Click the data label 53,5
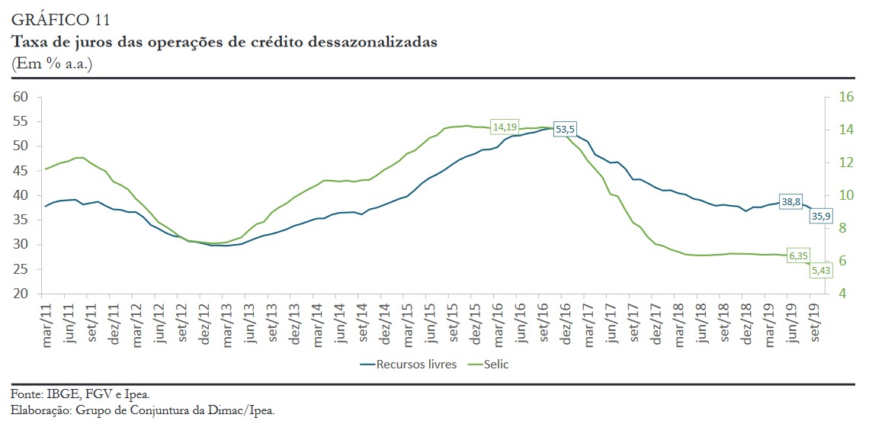(x=564, y=130)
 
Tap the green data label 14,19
(x=505, y=127)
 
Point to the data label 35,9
(x=821, y=217)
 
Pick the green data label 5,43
(x=820, y=269)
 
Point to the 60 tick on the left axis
(x=21, y=97)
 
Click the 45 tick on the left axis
(x=21, y=171)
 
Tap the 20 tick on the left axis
(x=21, y=294)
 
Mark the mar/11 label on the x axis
(x=48, y=326)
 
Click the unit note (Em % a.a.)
(x=52, y=63)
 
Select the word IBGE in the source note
(x=56, y=394)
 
